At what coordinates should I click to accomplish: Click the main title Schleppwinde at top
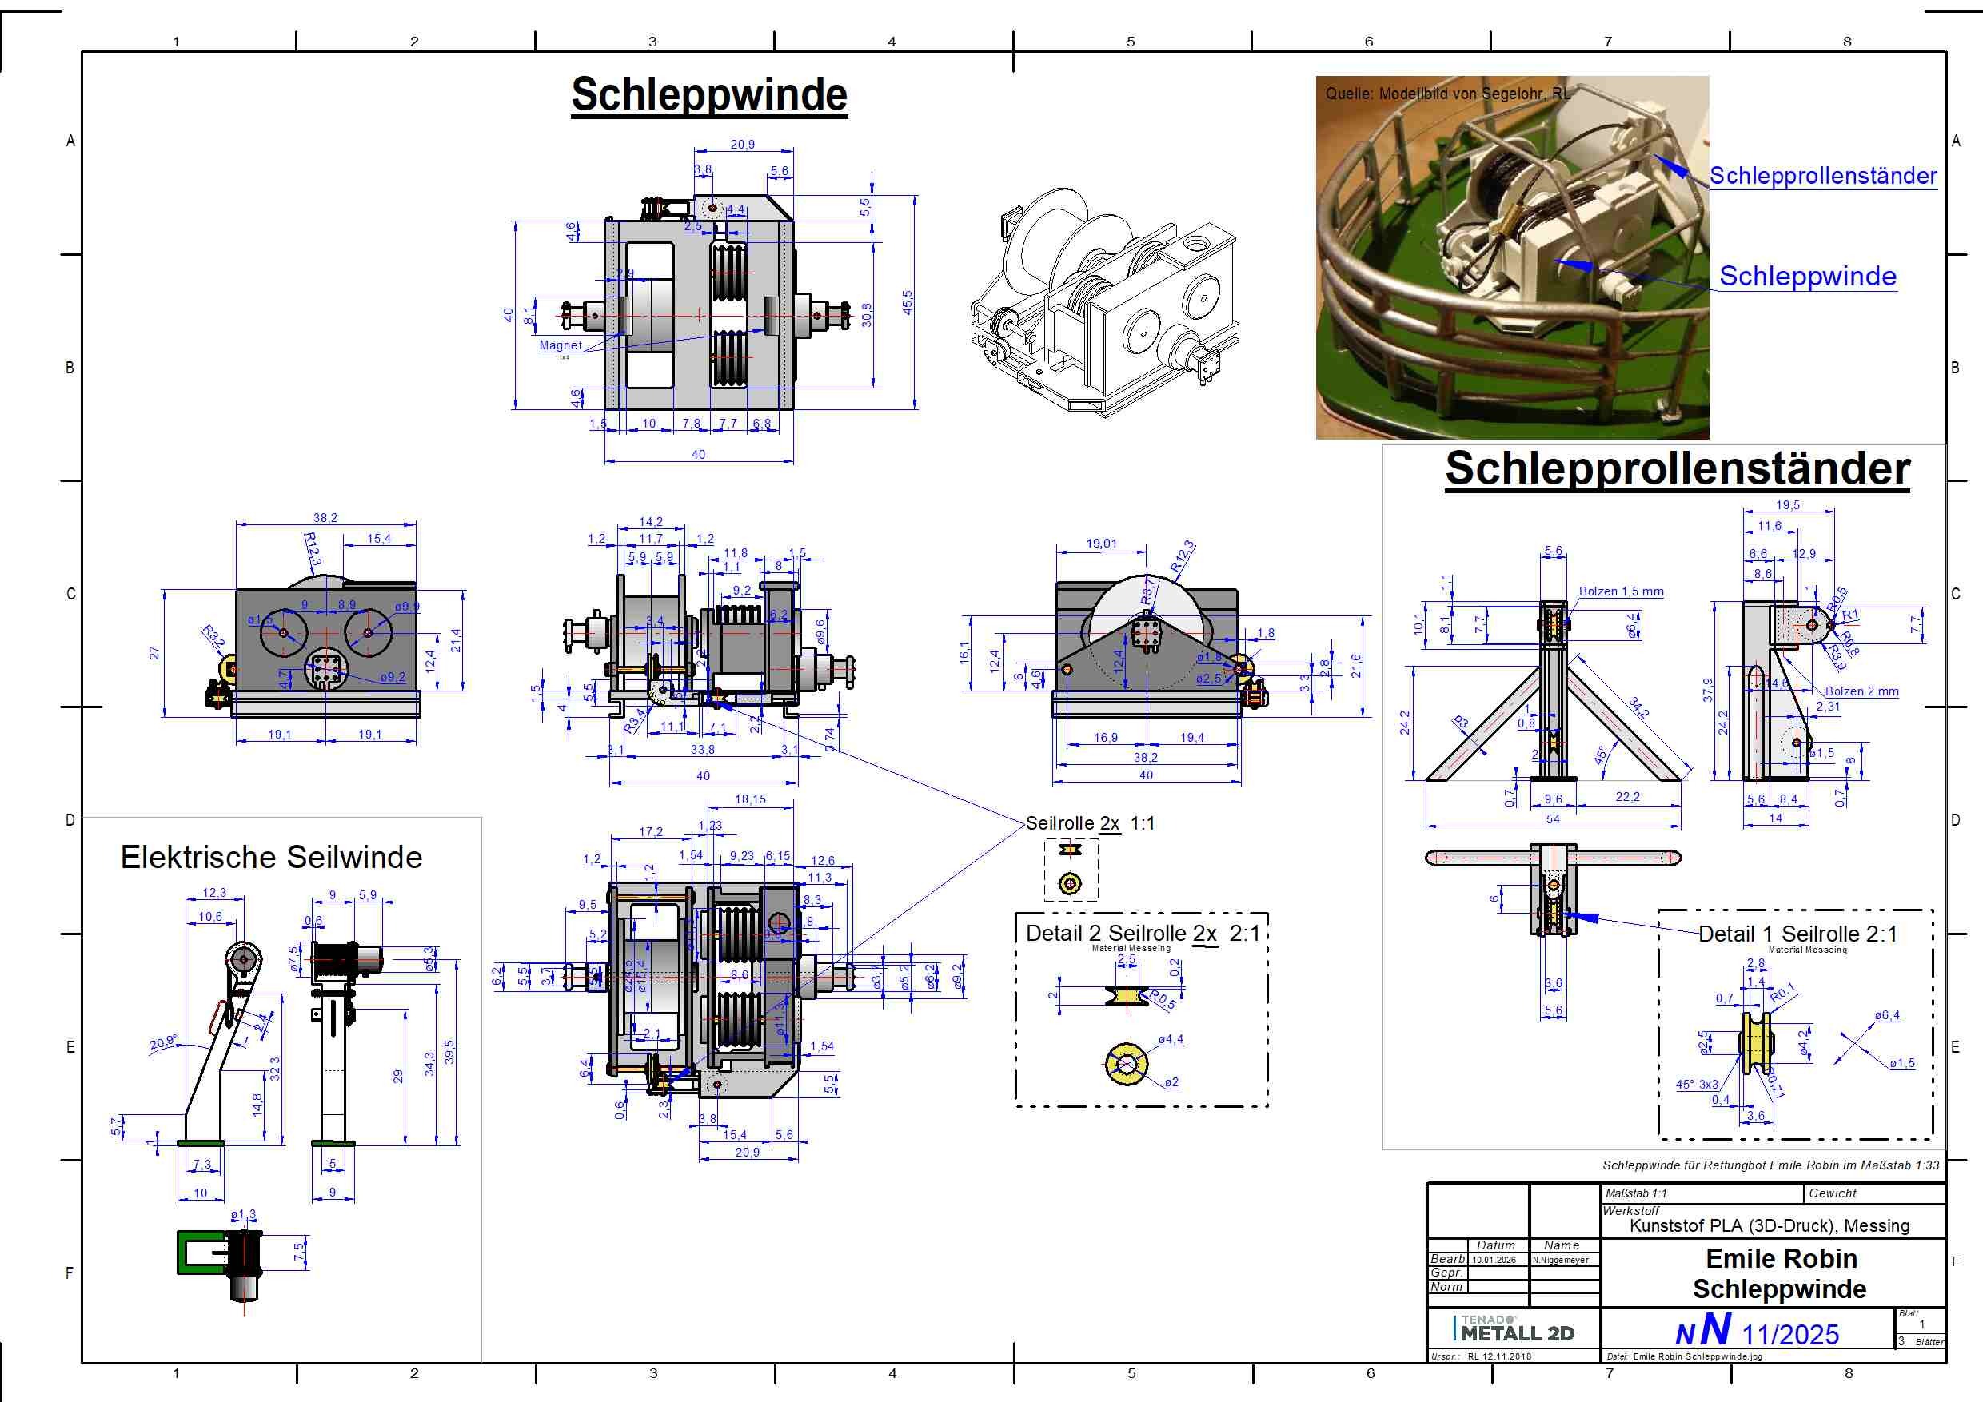tap(708, 95)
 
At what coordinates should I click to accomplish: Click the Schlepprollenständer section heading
tap(1678, 468)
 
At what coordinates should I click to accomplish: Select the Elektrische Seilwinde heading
tap(271, 857)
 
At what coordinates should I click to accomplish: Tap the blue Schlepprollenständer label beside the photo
tap(1822, 176)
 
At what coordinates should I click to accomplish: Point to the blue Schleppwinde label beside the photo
tap(1807, 277)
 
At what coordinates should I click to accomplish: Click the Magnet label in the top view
tap(561, 345)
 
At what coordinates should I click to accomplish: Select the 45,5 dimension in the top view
tap(907, 301)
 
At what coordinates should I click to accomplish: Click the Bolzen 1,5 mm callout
tap(1620, 591)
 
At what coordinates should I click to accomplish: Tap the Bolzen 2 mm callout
tap(1861, 691)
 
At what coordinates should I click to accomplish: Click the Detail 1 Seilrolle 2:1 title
tap(1797, 934)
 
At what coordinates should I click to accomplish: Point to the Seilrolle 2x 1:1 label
tap(1089, 823)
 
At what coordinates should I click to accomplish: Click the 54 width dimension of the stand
tap(1552, 818)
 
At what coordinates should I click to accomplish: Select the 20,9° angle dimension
tap(163, 1043)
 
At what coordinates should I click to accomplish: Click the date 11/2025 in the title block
tap(1789, 1335)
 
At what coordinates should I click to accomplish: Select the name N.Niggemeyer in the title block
tap(1561, 1260)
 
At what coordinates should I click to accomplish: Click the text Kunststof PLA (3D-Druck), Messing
tap(1769, 1226)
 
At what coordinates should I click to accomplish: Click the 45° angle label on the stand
tap(1600, 755)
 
